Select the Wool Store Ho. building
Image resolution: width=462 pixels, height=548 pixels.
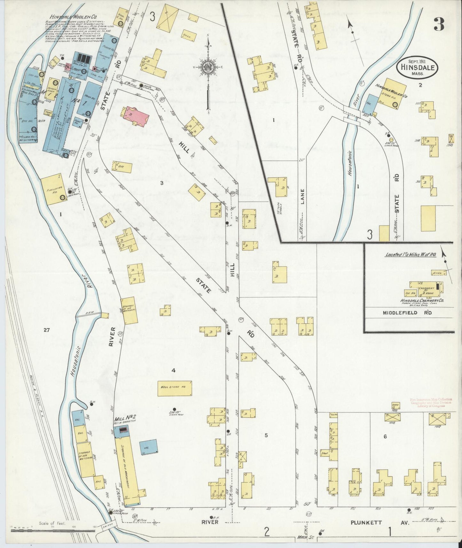175,388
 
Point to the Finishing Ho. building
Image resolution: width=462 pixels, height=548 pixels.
54,189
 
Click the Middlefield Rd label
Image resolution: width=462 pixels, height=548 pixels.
407,312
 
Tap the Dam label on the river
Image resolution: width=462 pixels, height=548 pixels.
89,313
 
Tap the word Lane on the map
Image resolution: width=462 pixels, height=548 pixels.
302,196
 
